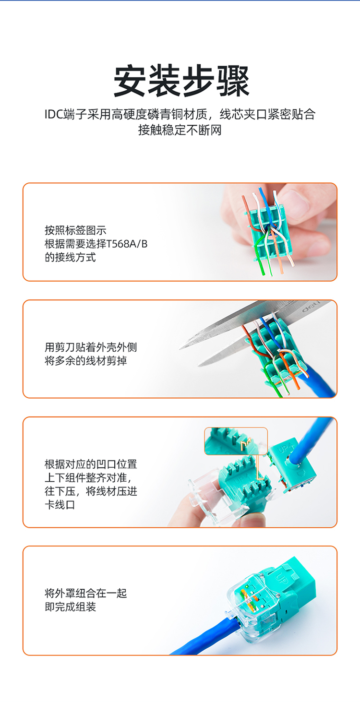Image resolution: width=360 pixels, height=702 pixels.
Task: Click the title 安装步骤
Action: tap(181, 81)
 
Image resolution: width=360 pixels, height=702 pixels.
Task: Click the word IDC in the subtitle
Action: tap(54, 114)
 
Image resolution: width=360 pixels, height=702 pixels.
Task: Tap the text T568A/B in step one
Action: tap(127, 243)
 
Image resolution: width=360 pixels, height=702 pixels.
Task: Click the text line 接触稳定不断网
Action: tap(180, 130)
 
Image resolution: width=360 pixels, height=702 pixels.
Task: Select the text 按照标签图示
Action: tap(75, 230)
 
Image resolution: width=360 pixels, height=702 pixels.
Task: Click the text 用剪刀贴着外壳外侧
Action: tap(91, 347)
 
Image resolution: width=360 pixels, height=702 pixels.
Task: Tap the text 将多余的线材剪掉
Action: tap(85, 361)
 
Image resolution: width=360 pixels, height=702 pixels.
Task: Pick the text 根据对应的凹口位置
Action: tap(91, 464)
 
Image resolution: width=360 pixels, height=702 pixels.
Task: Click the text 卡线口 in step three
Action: tap(60, 505)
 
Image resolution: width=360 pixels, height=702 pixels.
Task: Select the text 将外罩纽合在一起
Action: tap(85, 593)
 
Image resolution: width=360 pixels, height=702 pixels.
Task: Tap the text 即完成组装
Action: tap(70, 607)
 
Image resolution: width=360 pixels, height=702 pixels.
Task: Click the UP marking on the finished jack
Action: tap(281, 577)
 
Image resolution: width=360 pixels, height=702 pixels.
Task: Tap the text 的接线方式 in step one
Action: tap(70, 257)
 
